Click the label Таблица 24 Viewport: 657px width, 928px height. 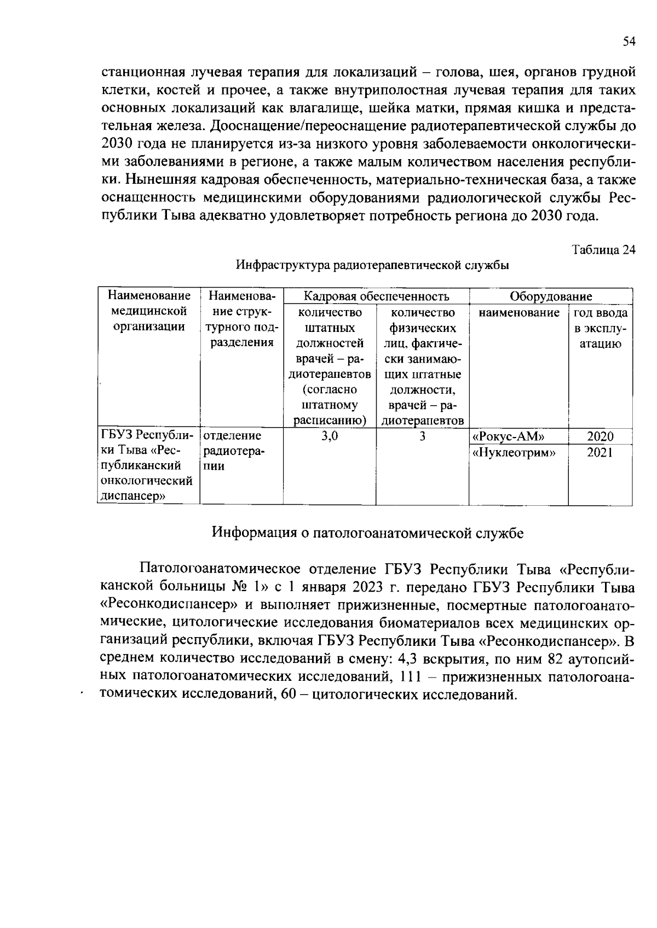tap(603, 250)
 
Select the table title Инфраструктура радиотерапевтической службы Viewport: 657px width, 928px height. tap(372, 266)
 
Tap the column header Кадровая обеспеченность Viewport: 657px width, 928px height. tap(376, 296)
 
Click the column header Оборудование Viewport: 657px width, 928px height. tap(550, 296)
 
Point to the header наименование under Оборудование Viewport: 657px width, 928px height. tap(518, 313)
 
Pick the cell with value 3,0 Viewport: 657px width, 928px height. tap(330, 436)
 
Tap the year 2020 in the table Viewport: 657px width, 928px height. tap(600, 436)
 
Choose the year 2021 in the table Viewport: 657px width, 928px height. tap(600, 452)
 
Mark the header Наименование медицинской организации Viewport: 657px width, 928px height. tap(149, 311)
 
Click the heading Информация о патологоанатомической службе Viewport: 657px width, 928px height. tap(367, 533)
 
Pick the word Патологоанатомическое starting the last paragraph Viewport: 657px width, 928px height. tap(224, 569)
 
